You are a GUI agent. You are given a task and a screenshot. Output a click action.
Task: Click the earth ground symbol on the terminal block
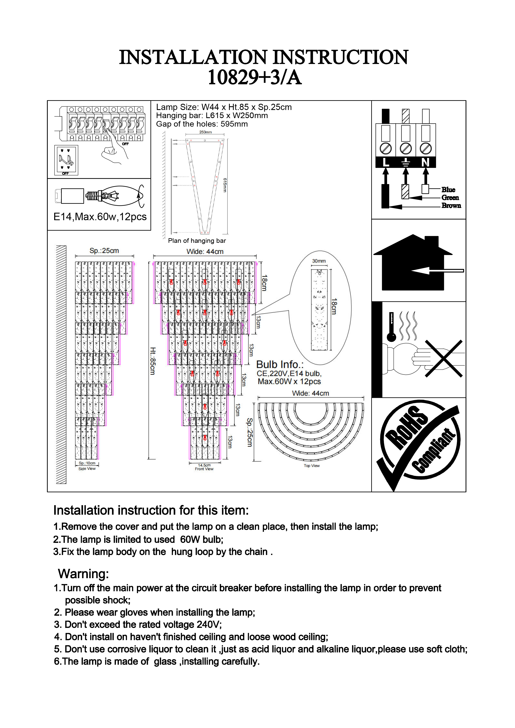[x=406, y=163]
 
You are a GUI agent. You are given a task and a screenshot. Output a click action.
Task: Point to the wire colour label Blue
[x=448, y=190]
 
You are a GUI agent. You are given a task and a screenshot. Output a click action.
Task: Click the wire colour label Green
[x=450, y=198]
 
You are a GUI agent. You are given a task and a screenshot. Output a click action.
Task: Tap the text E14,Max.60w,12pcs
[x=100, y=217]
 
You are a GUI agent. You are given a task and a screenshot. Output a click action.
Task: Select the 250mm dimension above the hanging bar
[x=205, y=132]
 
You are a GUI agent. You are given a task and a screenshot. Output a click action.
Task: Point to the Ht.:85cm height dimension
[x=153, y=361]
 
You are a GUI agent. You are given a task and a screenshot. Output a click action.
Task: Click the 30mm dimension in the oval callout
[x=319, y=261]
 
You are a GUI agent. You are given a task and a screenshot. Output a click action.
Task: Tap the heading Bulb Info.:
[x=280, y=364]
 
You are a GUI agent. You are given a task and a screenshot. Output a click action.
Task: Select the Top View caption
[x=312, y=466]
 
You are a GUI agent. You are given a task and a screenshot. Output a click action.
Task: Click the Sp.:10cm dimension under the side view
[x=87, y=463]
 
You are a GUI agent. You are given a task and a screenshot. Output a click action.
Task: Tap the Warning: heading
[x=84, y=574]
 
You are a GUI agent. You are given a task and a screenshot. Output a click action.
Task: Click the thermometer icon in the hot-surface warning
[x=391, y=327]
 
